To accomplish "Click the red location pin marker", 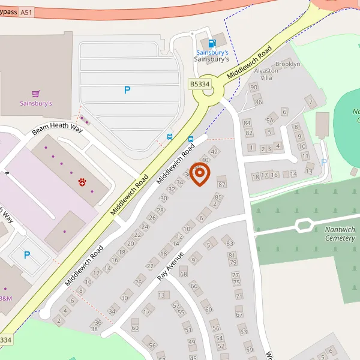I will click(x=200, y=174).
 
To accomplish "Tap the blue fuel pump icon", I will click(x=211, y=43).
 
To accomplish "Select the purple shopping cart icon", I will click(x=36, y=94).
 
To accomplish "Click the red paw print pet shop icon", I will click(x=82, y=181).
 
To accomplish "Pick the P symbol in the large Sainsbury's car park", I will click(x=127, y=90).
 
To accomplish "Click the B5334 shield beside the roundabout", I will click(x=200, y=85).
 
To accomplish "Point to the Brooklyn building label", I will click(x=287, y=64).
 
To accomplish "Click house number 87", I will click(x=221, y=184).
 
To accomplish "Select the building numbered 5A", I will click(x=270, y=120).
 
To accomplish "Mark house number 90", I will click(x=253, y=88).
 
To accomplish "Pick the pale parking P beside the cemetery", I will click(x=324, y=162).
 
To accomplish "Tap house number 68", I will click(x=184, y=274).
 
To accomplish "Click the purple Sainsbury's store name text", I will click(x=36, y=104).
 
